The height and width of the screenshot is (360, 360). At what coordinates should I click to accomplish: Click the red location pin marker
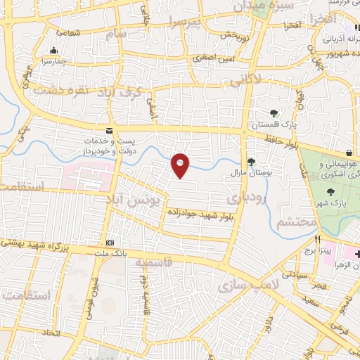(x=181, y=165)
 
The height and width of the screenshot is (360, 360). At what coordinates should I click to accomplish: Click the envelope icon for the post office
(x=108, y=131)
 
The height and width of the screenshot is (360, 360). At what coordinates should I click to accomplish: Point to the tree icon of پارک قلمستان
(x=273, y=112)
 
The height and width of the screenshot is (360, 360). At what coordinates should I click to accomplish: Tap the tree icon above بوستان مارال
(x=250, y=161)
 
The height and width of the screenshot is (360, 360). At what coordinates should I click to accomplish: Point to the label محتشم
(x=291, y=222)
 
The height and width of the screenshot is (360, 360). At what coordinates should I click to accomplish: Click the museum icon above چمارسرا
(x=54, y=50)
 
